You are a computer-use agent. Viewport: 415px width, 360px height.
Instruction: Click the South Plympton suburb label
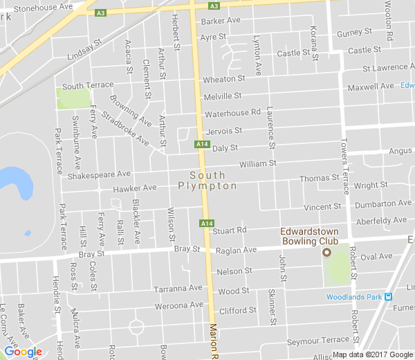click(207, 181)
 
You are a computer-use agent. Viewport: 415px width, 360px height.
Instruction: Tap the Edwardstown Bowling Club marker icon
click(326, 253)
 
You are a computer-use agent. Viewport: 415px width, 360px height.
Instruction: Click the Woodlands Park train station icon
click(389, 298)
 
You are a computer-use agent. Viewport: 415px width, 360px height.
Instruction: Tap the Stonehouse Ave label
click(43, 7)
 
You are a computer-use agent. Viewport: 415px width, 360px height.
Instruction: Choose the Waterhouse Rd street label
click(232, 112)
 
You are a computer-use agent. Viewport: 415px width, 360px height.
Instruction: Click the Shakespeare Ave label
click(99, 175)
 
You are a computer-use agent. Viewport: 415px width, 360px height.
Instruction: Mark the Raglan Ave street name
click(236, 250)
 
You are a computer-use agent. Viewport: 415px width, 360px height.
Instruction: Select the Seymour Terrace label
click(319, 340)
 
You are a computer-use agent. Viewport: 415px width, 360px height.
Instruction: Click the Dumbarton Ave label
click(382, 204)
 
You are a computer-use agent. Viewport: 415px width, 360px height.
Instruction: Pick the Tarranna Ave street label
click(178, 287)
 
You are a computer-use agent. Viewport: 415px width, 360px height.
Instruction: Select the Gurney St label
click(354, 33)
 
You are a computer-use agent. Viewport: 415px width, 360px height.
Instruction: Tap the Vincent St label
click(322, 207)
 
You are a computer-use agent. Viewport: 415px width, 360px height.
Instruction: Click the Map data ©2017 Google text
click(372, 354)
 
